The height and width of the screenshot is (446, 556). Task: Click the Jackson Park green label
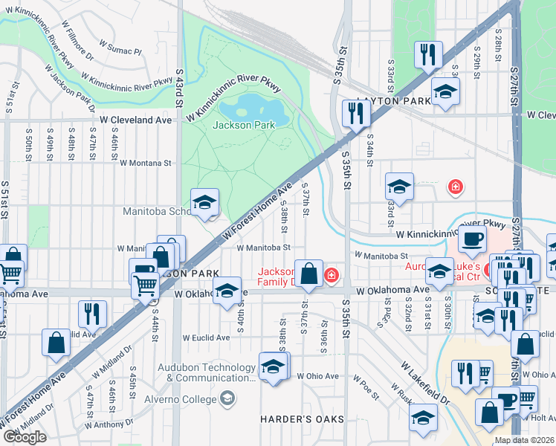click(x=244, y=125)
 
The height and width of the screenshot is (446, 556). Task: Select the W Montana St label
click(x=145, y=162)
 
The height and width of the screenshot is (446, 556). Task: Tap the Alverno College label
click(x=186, y=399)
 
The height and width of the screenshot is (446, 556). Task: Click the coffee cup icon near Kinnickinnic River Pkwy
click(x=471, y=240)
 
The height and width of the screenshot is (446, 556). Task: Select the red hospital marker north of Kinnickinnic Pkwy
click(x=454, y=187)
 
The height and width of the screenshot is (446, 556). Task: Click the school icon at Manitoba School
click(x=204, y=202)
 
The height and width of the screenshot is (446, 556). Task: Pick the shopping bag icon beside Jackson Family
click(x=308, y=273)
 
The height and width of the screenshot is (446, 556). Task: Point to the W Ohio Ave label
click(x=317, y=376)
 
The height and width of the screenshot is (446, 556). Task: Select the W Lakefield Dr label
click(x=425, y=383)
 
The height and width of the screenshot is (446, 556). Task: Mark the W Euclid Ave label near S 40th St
click(x=207, y=337)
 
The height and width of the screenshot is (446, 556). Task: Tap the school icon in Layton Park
click(x=445, y=91)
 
